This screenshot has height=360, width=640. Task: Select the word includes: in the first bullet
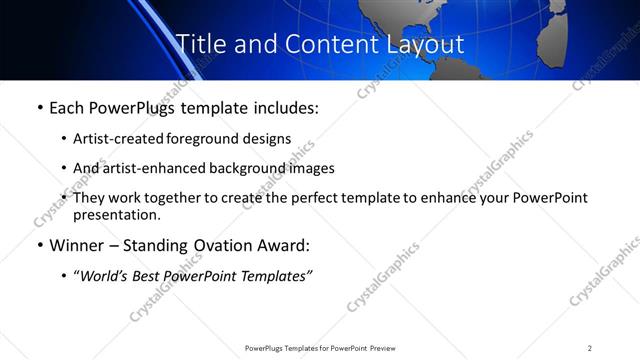[x=282, y=107]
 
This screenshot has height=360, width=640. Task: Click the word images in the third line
[x=311, y=168]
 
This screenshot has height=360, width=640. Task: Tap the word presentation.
[x=116, y=214]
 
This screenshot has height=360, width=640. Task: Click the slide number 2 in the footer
[x=590, y=348]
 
